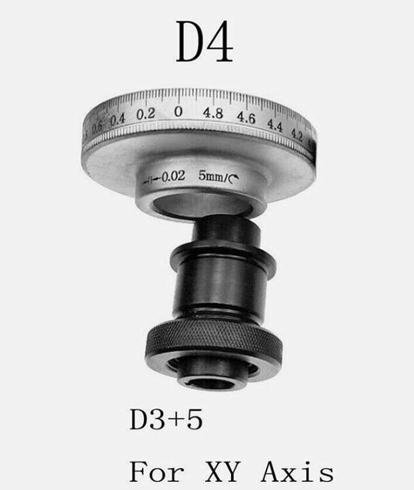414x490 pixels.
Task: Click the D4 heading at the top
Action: pyautogui.click(x=205, y=42)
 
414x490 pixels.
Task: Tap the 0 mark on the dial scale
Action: pyautogui.click(x=178, y=111)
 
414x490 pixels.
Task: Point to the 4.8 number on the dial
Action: pyautogui.click(x=213, y=113)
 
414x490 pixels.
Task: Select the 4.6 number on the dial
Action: pyautogui.click(x=246, y=118)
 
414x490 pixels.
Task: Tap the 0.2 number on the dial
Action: pyautogui.click(x=145, y=114)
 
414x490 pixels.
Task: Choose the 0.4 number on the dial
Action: pyautogui.click(x=117, y=120)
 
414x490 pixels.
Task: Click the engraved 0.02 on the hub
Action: pyautogui.click(x=173, y=177)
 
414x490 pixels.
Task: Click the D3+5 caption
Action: pyautogui.click(x=166, y=421)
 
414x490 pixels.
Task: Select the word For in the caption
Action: pyautogui.click(x=156, y=472)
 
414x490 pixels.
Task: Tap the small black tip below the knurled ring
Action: pyautogui.click(x=213, y=378)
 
